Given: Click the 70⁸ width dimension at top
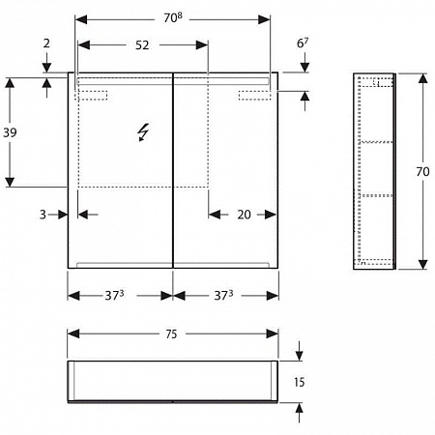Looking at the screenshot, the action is tap(173, 17).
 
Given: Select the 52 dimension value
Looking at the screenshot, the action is tap(142, 45).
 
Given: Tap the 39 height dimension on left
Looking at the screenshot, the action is tap(10, 132).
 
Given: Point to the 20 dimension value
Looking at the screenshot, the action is tap(244, 215).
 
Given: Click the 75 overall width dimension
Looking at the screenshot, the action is tap(171, 334).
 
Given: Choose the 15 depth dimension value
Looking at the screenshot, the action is tap(299, 382).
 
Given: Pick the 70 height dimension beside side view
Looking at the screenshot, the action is tap(422, 171).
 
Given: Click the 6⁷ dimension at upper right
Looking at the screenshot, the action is tap(303, 43).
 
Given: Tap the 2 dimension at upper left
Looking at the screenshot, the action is tap(46, 43).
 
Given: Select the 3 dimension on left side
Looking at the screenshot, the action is tap(43, 215).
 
